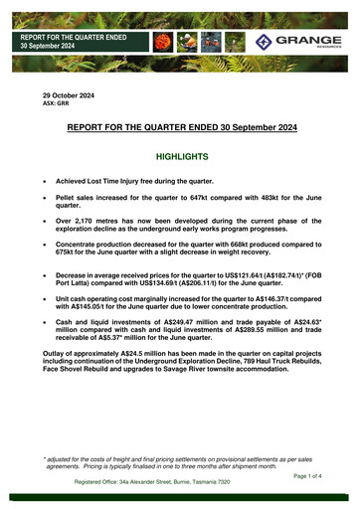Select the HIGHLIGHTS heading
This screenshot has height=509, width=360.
pos(179,157)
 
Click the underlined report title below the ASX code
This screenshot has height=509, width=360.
pos(179,128)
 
